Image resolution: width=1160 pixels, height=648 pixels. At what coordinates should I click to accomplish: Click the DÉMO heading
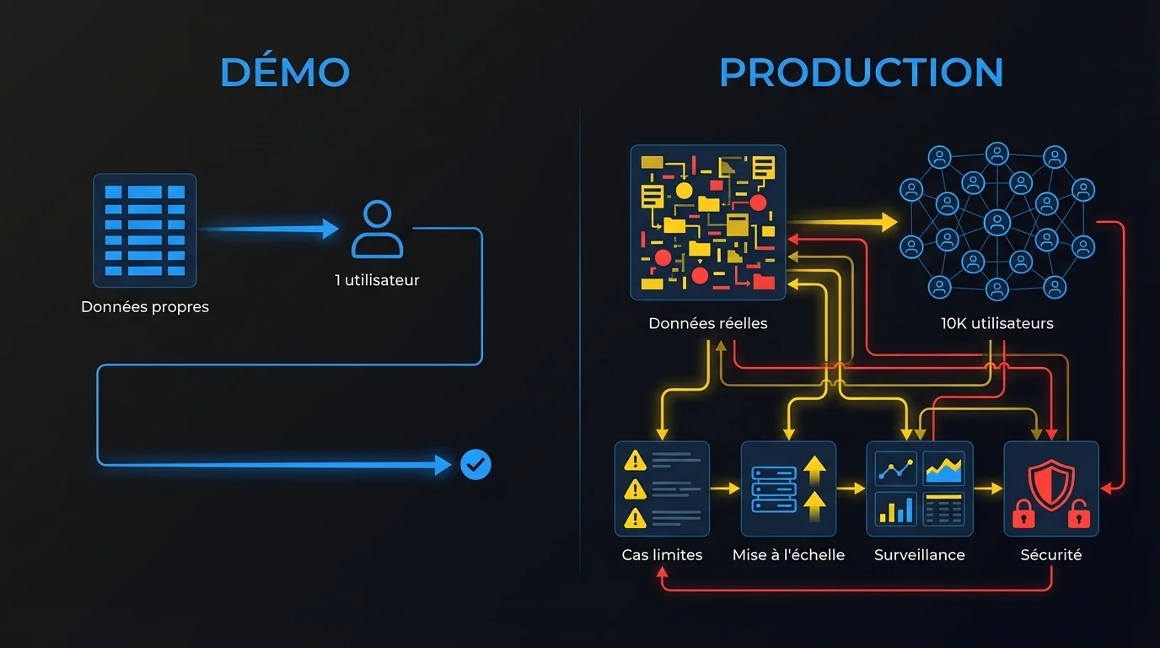[284, 73]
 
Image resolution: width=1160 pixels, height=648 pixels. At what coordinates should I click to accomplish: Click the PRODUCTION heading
[861, 73]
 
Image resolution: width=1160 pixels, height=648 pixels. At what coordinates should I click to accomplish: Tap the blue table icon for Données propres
[144, 230]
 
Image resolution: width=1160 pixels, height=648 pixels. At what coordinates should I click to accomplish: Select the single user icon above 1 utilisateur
[377, 229]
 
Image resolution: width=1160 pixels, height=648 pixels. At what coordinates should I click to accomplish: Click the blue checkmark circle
[475, 464]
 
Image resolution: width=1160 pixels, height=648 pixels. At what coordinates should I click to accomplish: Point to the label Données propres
[144, 307]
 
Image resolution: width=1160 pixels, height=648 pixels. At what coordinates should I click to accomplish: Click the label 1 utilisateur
[377, 280]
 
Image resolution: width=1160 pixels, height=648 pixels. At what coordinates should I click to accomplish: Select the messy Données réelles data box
[708, 223]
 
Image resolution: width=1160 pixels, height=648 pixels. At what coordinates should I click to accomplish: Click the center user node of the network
[996, 224]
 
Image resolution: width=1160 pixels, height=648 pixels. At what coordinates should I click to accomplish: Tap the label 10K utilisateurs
[996, 323]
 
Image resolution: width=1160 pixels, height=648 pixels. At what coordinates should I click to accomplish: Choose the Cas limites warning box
[662, 489]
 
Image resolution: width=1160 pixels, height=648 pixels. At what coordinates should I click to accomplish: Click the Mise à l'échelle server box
[788, 489]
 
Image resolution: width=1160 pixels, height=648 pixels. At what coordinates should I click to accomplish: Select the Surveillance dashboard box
[919, 489]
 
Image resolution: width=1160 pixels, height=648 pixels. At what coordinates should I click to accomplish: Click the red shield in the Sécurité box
[1050, 484]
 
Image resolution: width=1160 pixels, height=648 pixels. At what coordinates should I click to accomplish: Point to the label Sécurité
[1050, 555]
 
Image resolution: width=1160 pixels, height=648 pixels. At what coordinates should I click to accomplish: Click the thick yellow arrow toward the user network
[843, 223]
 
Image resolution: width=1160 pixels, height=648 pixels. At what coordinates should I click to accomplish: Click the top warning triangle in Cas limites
[634, 461]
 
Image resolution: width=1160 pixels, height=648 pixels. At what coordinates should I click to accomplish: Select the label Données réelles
[708, 323]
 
